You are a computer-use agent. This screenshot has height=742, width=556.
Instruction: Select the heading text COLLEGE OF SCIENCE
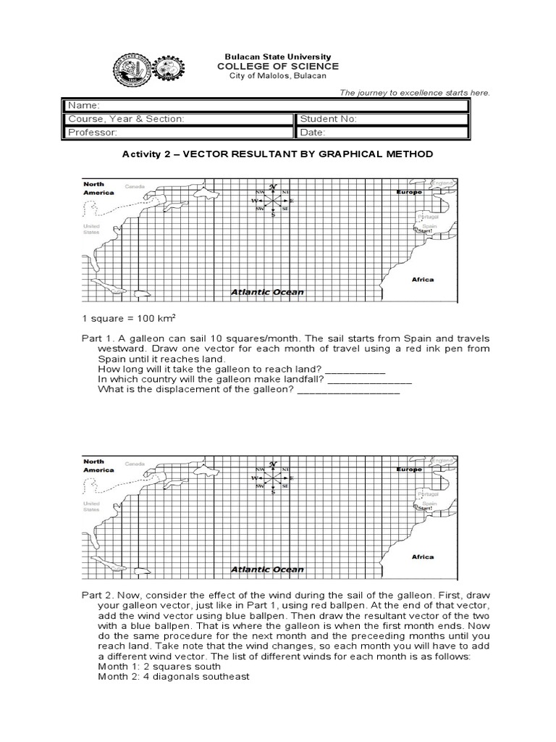(x=278, y=67)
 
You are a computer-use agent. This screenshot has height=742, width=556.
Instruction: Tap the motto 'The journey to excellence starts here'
(x=415, y=93)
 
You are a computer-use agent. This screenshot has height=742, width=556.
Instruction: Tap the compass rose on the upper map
(x=273, y=200)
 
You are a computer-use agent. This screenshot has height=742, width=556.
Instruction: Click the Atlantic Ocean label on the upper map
(x=267, y=292)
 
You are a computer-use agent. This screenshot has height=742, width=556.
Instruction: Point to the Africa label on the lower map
(x=422, y=556)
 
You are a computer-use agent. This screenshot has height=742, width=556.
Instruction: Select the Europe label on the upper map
(x=409, y=192)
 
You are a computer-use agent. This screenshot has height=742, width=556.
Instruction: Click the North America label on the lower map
(x=98, y=465)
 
